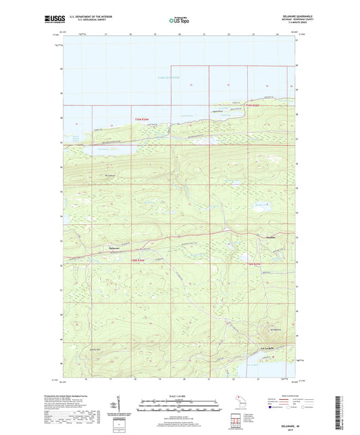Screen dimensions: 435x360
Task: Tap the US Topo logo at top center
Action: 179,20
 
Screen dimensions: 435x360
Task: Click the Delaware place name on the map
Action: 95,249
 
